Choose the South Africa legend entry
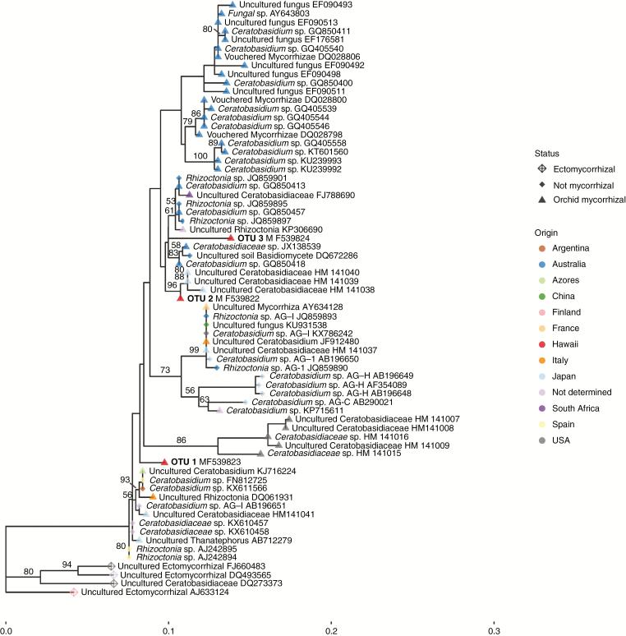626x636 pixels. [576, 408]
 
